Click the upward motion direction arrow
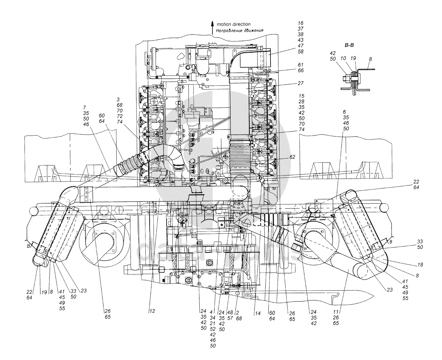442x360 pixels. [212, 28]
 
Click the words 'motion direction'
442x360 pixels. [233, 24]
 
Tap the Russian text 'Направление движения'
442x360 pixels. [240, 31]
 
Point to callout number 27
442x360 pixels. [301, 83]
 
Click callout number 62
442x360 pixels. [292, 157]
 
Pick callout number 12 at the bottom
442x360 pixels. [152, 311]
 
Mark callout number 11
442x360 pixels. [336, 312]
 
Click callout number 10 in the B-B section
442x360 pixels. [343, 58]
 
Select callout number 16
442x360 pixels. [301, 23]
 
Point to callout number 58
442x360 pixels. [301, 52]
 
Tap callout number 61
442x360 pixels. [301, 65]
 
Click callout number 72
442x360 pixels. [120, 116]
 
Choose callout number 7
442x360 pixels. [84, 107]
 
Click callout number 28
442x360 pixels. [301, 101]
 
